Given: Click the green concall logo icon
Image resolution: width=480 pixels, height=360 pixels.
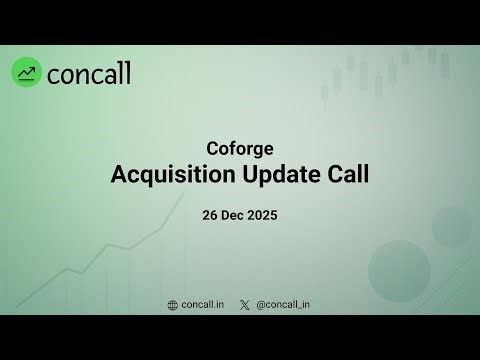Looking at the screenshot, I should [27, 72].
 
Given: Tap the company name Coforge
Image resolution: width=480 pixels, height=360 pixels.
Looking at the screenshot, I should [240, 150].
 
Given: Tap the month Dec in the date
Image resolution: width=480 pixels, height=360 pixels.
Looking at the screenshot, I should [236, 215].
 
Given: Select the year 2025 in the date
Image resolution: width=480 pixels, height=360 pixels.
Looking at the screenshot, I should [265, 215].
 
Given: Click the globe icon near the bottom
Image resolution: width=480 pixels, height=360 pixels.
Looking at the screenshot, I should [173, 304].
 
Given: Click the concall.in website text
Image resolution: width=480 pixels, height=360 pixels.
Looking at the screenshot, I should [203, 304].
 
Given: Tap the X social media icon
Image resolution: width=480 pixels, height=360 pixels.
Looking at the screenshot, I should [245, 304].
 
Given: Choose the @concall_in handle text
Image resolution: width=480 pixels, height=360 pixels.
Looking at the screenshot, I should [283, 304].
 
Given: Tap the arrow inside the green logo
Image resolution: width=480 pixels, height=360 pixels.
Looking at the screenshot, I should [27, 72].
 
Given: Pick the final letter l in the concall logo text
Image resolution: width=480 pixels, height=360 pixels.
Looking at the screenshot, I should [127, 72].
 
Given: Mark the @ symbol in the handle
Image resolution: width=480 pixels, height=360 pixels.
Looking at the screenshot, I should [261, 304].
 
